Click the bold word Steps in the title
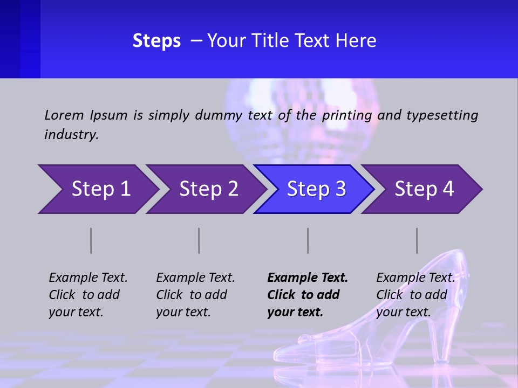point(156,41)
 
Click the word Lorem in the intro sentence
point(64,115)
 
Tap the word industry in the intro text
point(71,135)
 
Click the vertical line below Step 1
point(91,240)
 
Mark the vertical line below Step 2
point(199,240)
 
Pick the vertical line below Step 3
point(308,240)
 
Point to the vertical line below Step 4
point(417,240)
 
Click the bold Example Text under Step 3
point(308,278)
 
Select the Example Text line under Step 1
point(88,278)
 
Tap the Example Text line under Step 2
point(195,278)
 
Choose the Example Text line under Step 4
point(415,278)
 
